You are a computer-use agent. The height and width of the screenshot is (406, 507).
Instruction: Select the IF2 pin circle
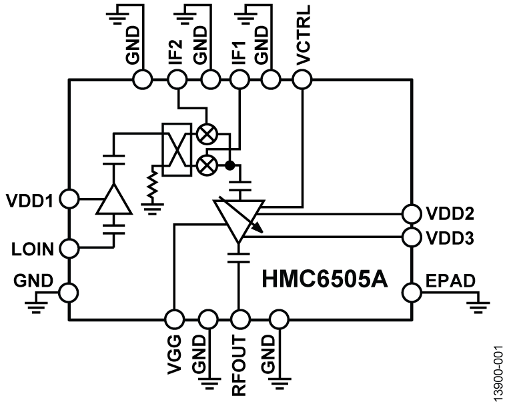tap(177, 80)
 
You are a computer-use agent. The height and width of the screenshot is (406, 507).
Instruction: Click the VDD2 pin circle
tap(411, 213)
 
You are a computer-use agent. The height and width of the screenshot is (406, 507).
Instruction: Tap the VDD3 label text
tap(449, 237)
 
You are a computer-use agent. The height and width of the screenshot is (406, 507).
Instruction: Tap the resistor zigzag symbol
tap(151, 186)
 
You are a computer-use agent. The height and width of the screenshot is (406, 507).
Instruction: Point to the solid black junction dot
tap(229, 164)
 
